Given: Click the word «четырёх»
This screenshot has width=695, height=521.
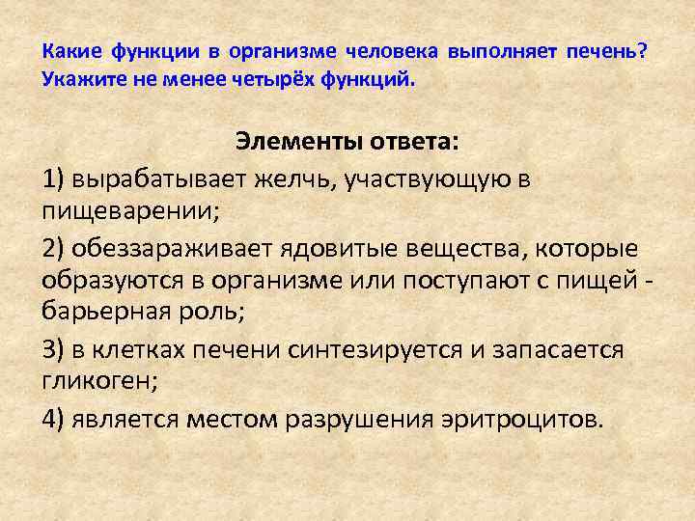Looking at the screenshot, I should pos(264,79).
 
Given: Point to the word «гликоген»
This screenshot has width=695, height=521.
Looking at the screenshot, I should pos(96,379).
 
